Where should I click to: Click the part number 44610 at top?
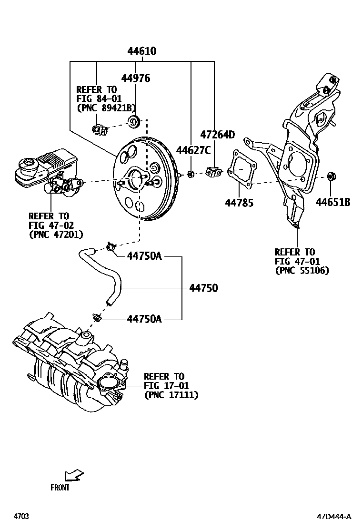pyautogui.click(x=142, y=51)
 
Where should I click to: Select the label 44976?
pyautogui.click(x=135, y=78)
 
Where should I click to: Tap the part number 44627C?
pyautogui.click(x=193, y=151)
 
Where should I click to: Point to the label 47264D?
pyautogui.click(x=217, y=135)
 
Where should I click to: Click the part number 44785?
pyautogui.click(x=239, y=203)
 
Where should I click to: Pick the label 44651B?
pyautogui.click(x=333, y=203)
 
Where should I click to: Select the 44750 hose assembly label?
pyautogui.click(x=203, y=288)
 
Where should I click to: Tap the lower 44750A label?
pyautogui.click(x=144, y=319)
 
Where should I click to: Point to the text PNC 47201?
pyautogui.click(x=56, y=234)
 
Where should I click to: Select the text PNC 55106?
pyautogui.click(x=302, y=271)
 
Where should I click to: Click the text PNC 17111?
pyautogui.click(x=171, y=395)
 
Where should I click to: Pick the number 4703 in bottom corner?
pyautogui.click(x=21, y=516)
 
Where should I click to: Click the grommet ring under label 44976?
pyautogui.click(x=134, y=121)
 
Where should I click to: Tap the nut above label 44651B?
pyautogui.click(x=332, y=177)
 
